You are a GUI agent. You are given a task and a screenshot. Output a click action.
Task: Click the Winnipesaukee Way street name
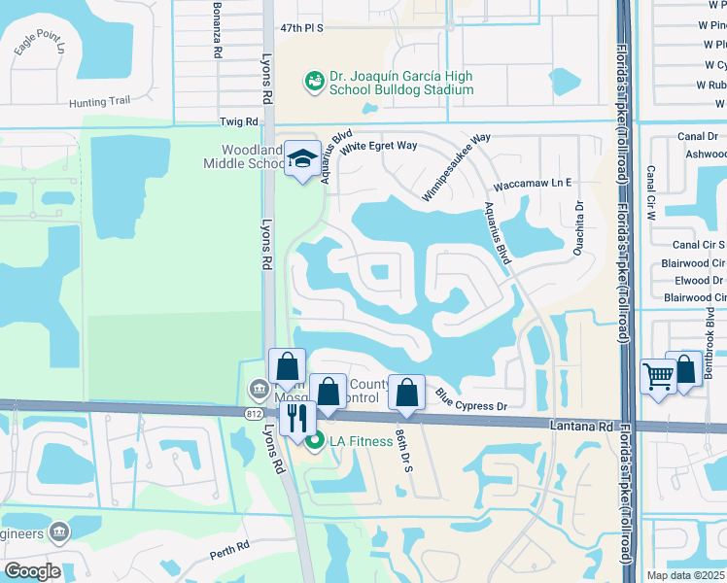(x=457, y=168)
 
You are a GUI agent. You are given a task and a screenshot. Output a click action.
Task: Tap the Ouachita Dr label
(x=579, y=218)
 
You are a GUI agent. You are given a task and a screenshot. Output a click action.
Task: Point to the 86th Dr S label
(x=402, y=454)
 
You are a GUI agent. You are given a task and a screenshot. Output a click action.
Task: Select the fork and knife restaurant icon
(x=297, y=418)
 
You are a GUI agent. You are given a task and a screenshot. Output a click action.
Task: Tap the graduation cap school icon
(x=303, y=158)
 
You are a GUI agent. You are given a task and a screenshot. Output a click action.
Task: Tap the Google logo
(x=33, y=571)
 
